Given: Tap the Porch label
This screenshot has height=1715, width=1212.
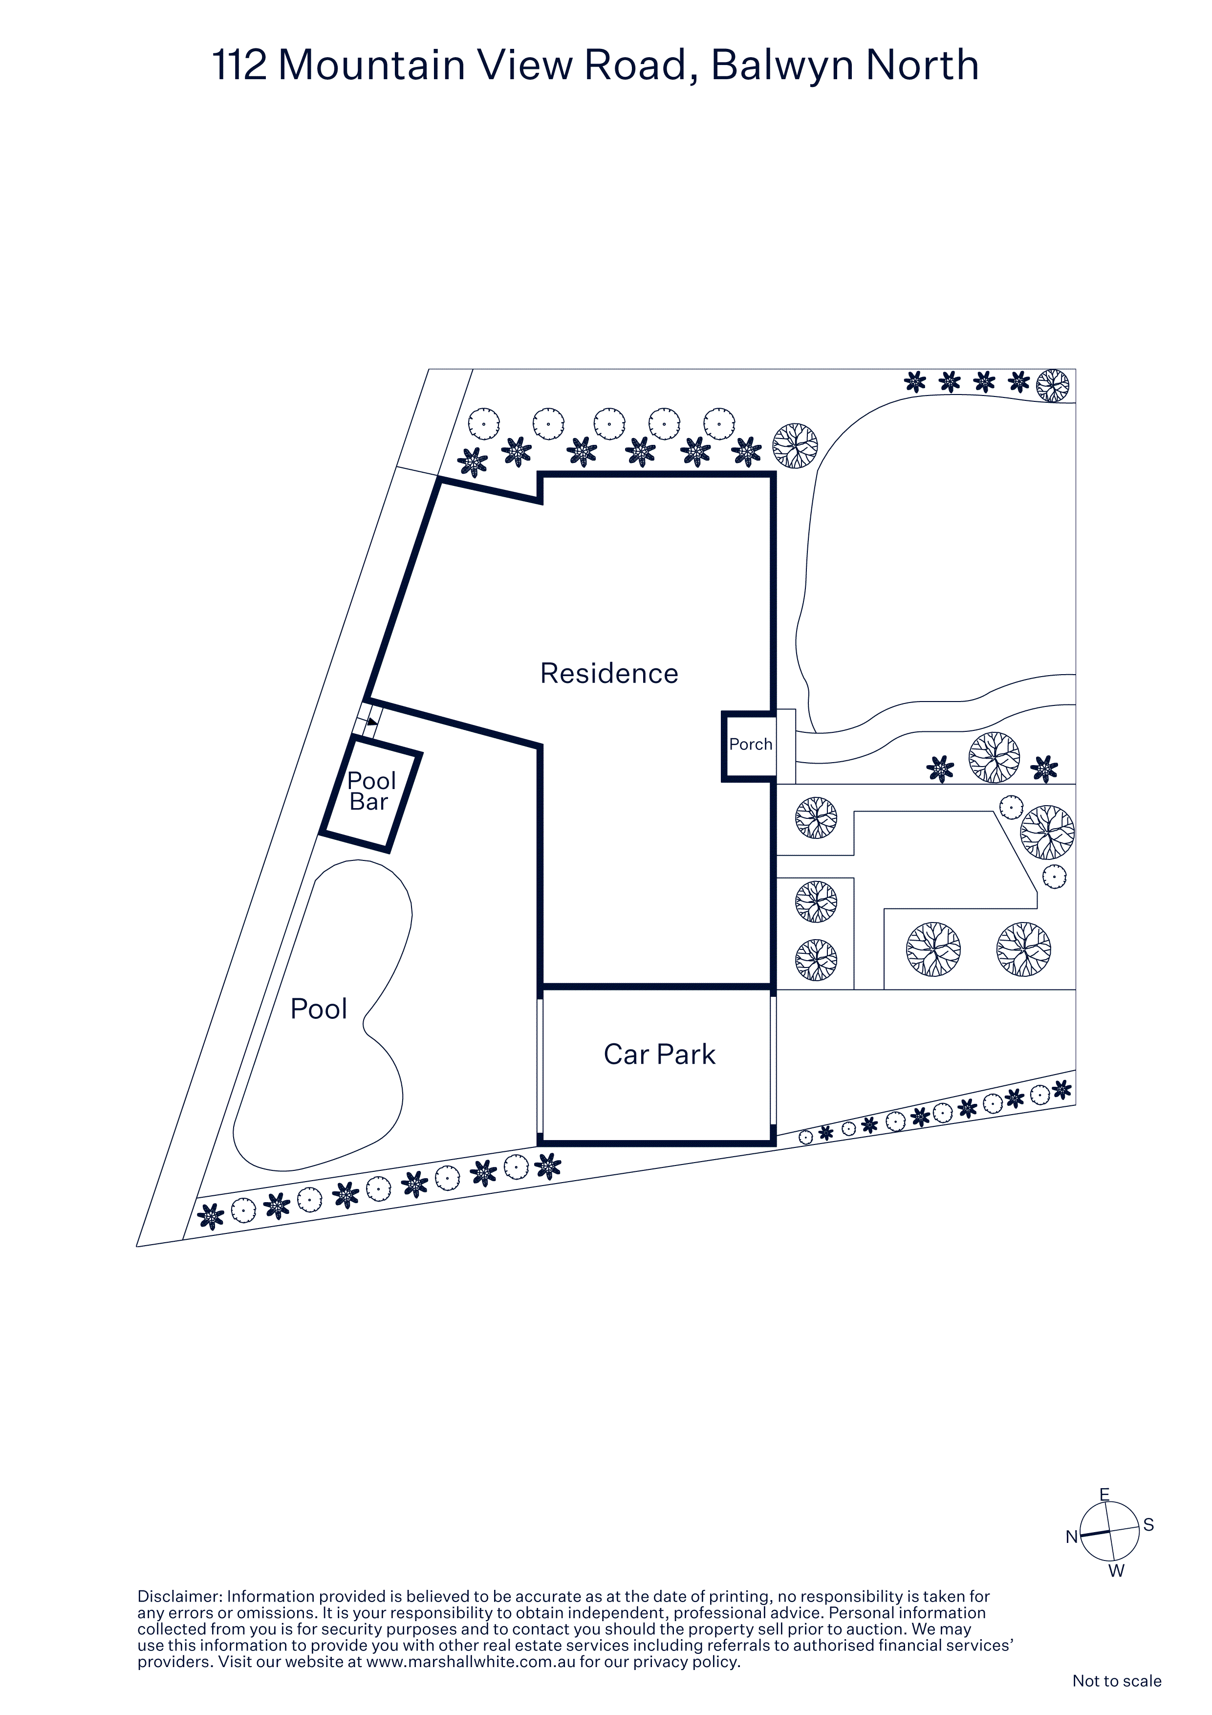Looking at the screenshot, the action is pyautogui.click(x=751, y=744).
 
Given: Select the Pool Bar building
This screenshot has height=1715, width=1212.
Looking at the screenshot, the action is pyautogui.click(x=371, y=793).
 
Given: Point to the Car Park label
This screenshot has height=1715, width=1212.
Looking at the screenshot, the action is pyautogui.click(x=659, y=1054).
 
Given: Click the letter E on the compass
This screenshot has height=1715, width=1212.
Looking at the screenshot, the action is pyautogui.click(x=1104, y=1495).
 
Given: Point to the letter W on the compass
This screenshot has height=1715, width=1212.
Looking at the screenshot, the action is pyautogui.click(x=1116, y=1571).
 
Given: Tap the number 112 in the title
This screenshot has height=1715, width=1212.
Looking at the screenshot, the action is pyautogui.click(x=239, y=65).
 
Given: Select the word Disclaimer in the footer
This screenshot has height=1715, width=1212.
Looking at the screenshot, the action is pyautogui.click(x=179, y=1596).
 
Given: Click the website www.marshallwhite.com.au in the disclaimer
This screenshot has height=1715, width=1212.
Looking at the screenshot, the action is pyautogui.click(x=471, y=1662).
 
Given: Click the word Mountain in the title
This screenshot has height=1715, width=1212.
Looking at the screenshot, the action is pyautogui.click(x=372, y=65).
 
